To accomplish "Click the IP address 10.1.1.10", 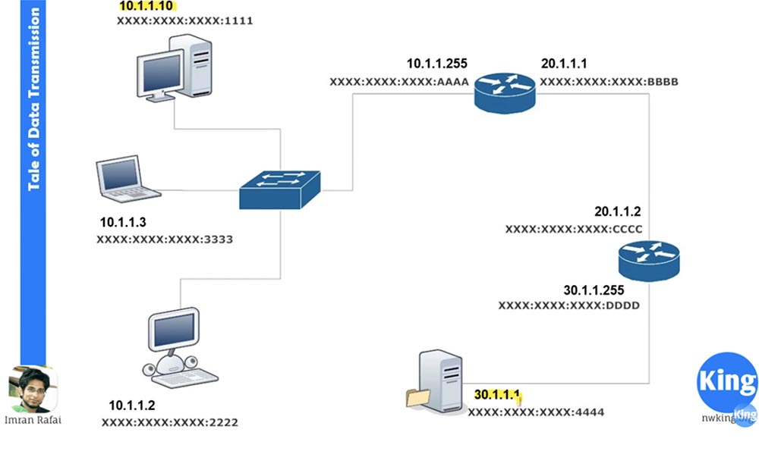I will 147,7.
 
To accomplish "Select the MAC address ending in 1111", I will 184,21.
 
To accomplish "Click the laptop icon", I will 126,179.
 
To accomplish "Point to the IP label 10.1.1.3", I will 123,224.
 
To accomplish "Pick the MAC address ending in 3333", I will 165,240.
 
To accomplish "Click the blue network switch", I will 279,189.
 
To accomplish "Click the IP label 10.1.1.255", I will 437,64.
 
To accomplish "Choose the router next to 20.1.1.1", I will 505,91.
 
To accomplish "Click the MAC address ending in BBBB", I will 609,81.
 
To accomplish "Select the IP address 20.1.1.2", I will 617,212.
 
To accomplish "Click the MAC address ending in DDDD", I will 568,305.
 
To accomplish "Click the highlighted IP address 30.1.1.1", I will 498,395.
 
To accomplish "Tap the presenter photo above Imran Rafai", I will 32,389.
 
